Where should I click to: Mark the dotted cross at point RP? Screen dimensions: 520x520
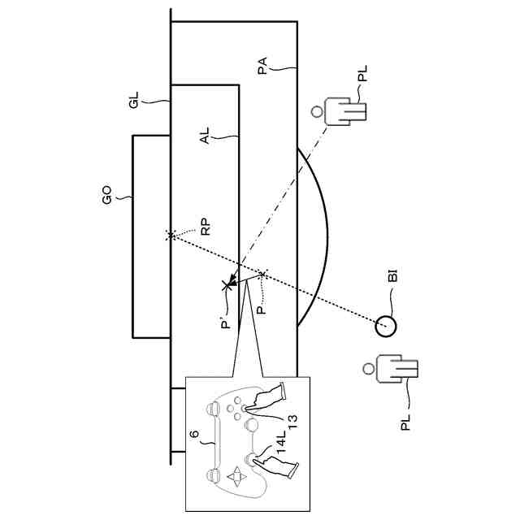(171, 235)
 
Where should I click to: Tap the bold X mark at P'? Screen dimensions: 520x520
(228, 285)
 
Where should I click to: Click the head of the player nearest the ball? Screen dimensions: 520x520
(370, 370)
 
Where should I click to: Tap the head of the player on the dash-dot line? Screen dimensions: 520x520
(317, 111)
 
